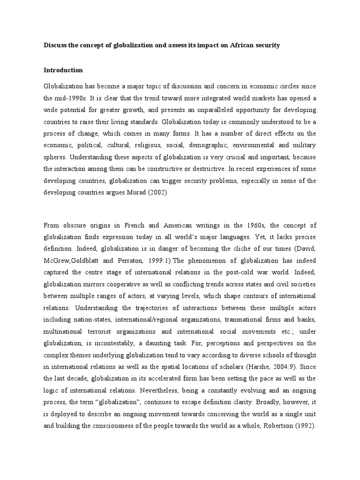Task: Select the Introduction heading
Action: [x=63, y=70]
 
